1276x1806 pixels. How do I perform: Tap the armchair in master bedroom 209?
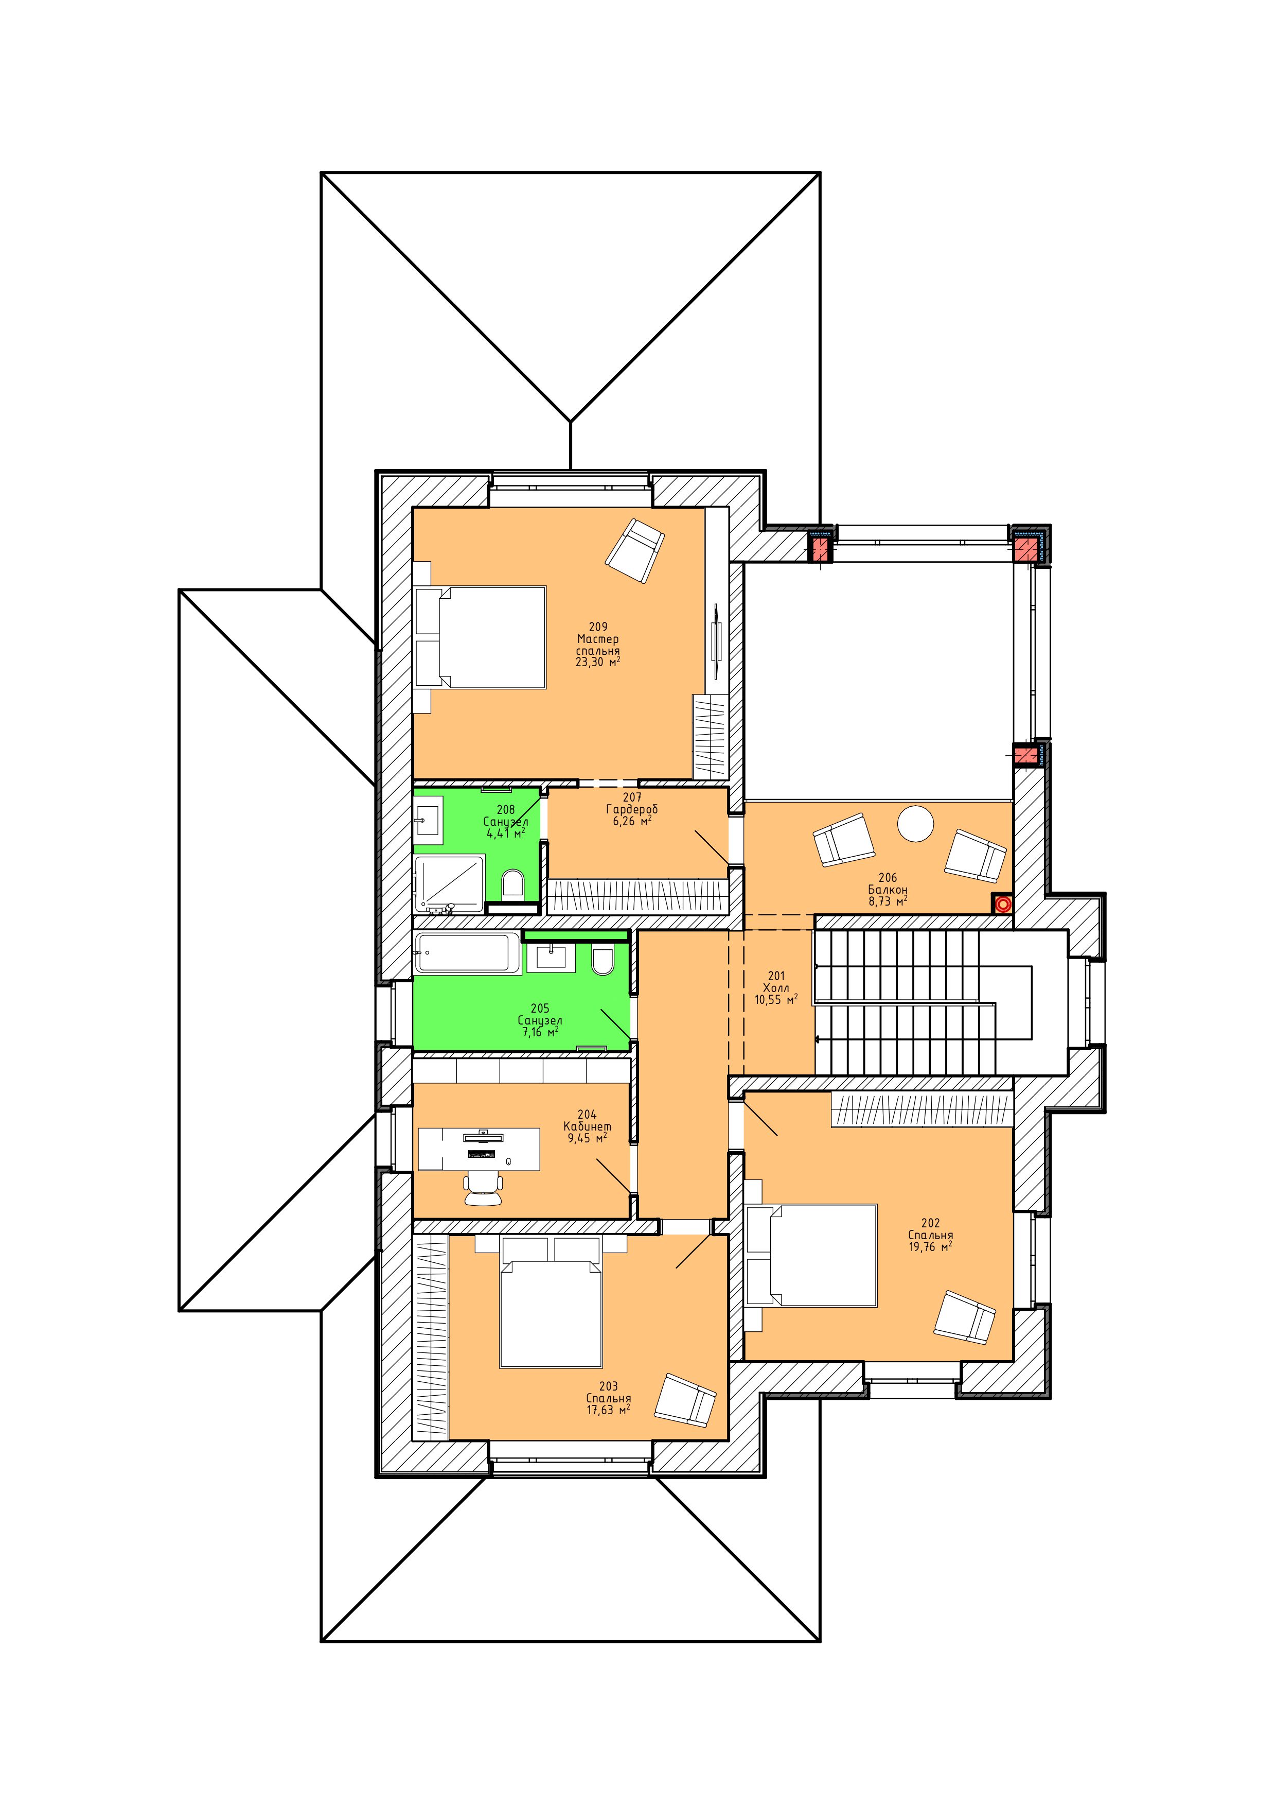point(634,551)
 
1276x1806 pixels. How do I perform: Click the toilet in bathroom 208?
point(512,884)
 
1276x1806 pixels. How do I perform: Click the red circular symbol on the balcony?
point(1002,904)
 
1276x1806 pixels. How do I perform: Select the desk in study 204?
point(479,1149)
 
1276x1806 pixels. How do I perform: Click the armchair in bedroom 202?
point(965,1317)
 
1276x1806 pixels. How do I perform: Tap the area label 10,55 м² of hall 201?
point(776,1000)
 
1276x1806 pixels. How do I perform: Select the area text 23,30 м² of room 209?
point(597,662)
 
